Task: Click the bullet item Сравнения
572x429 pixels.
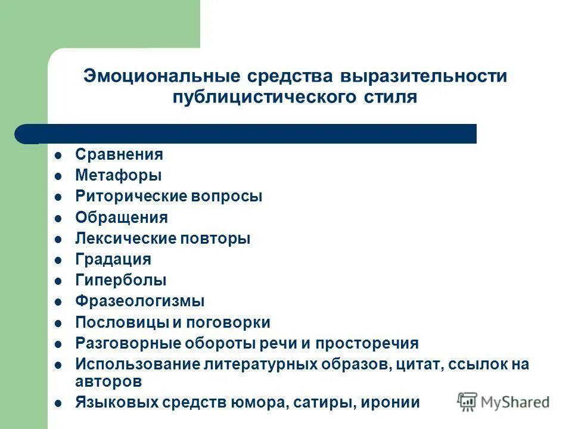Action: pos(119,154)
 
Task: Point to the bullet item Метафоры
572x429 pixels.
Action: pos(118,175)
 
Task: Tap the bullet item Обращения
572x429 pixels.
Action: pos(122,217)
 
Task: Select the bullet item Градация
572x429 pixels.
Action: pos(113,259)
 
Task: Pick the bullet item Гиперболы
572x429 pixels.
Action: pos(121,280)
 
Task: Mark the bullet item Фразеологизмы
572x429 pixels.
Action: pos(140,301)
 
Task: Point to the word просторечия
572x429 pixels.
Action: pos(367,343)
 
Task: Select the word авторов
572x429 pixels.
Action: pos(108,380)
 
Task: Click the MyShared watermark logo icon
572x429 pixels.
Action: pos(467,402)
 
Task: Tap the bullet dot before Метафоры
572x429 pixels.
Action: pos(58,176)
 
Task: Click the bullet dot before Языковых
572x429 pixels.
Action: pos(58,403)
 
